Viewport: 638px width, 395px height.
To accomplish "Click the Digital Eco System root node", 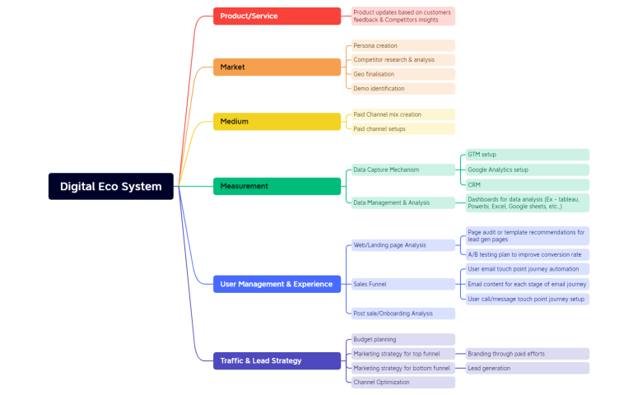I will [x=111, y=186].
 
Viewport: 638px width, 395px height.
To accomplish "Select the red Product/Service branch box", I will [x=277, y=16].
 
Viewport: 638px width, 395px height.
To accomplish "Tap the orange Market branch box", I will [x=277, y=67].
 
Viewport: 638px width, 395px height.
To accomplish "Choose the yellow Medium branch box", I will [x=277, y=122].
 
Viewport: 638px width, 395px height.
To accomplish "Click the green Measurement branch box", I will [x=277, y=187].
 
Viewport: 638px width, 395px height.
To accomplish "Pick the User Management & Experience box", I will [x=277, y=284].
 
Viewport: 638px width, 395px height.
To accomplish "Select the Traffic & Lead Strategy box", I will [x=277, y=360].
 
